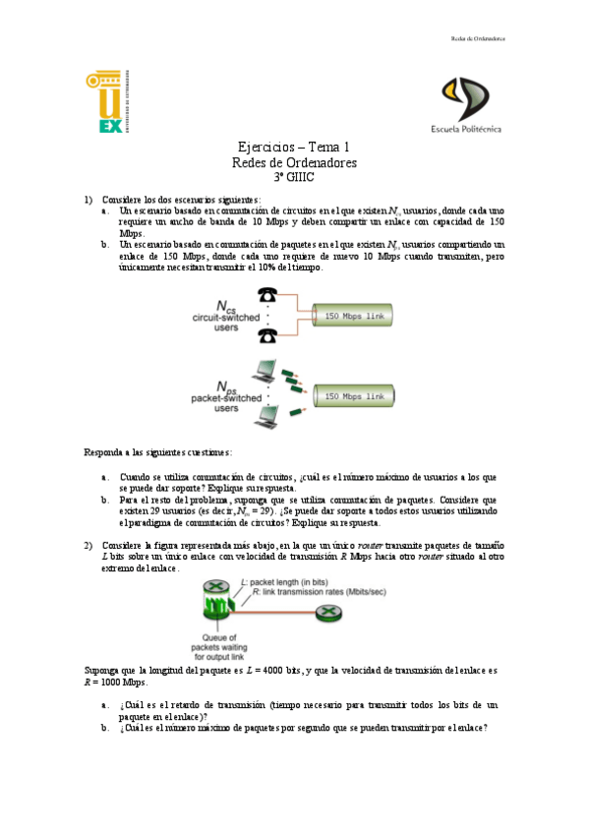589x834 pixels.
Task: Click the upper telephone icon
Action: (x=266, y=295)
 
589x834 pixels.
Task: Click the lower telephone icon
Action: (x=266, y=336)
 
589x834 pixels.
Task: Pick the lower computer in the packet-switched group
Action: (x=265, y=415)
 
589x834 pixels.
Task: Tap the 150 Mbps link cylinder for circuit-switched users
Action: (x=353, y=315)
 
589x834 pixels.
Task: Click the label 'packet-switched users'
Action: (x=226, y=402)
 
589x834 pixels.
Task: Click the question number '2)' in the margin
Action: (x=88, y=544)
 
